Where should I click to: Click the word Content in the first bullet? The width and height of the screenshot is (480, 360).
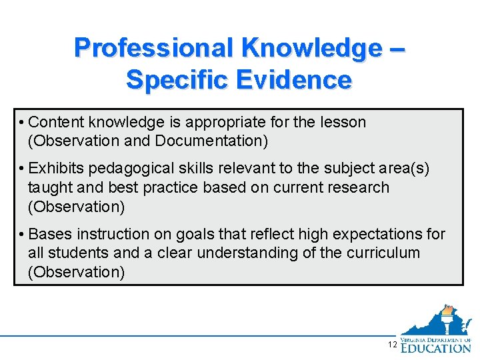coord(57,122)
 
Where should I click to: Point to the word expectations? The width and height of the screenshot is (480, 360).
coord(374,234)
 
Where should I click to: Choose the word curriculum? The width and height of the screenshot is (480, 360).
coord(389,253)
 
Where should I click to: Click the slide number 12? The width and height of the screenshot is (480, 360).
coord(392,344)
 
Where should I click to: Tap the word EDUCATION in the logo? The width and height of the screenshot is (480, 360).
coord(436,347)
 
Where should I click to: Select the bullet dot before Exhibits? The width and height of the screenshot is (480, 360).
coord(23,169)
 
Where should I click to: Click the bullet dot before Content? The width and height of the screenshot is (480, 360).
coord(23,122)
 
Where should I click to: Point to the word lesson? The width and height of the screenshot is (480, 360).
coord(343,122)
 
